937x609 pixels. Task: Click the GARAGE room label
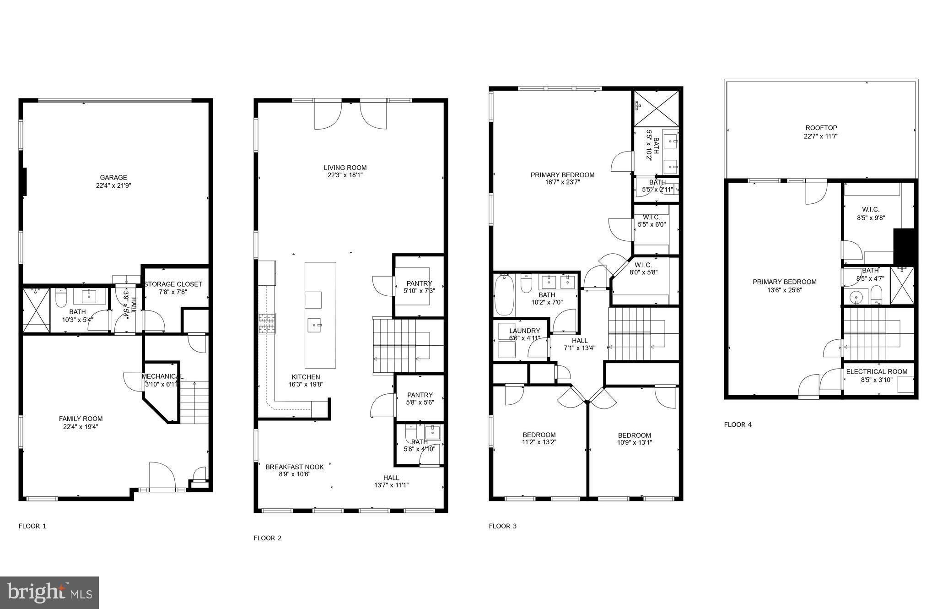113,178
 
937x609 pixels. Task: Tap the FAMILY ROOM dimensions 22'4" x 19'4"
81,427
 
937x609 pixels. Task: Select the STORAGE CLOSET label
173,284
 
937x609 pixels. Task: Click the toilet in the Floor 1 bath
61,298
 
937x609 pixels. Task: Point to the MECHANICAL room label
162,376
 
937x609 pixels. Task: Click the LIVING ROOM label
345,168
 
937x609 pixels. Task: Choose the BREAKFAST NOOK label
295,467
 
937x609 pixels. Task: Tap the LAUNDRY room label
524,331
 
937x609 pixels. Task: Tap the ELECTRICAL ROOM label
877,372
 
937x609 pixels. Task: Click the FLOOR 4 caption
738,424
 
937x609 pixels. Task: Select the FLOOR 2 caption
267,538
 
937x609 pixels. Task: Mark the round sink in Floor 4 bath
856,298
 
